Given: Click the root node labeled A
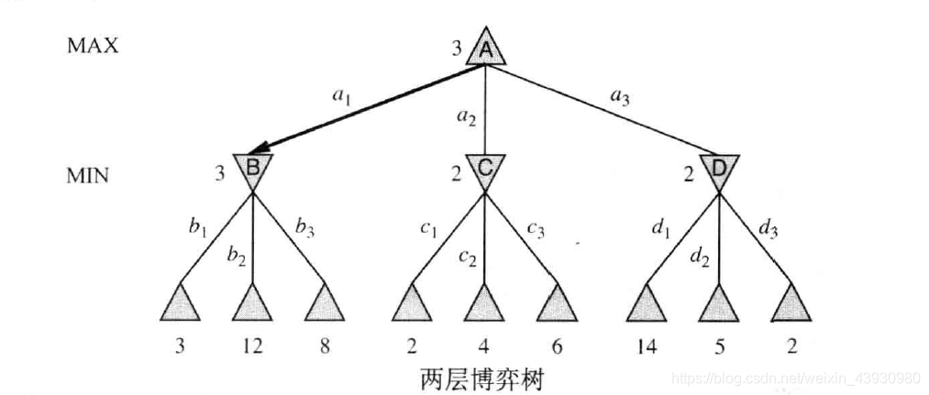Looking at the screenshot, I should pos(486,48).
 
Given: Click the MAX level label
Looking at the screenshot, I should pos(93,46).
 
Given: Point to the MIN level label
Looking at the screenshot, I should pos(88,175).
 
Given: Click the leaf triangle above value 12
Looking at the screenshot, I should pos(253,304).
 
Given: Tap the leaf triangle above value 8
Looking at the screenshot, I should pos(325,304).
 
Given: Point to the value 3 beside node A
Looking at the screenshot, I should pos(456,47).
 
